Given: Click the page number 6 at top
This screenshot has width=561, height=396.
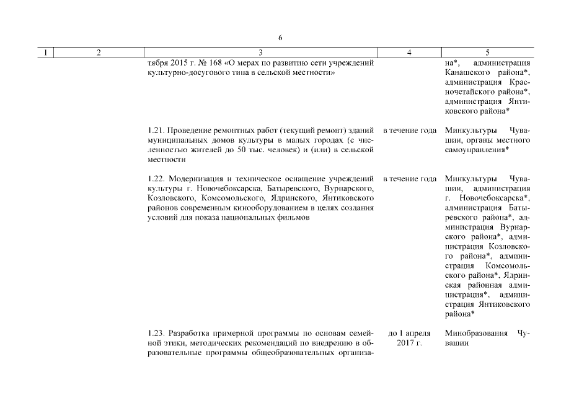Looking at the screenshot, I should (x=280, y=38).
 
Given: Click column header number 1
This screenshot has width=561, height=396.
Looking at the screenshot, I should (x=45, y=54).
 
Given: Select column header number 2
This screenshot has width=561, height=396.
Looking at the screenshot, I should (x=99, y=54).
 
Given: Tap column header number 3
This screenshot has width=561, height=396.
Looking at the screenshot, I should (x=260, y=54).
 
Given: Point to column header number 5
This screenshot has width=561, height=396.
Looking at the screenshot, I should (x=488, y=54).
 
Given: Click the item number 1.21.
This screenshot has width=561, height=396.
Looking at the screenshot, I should (x=156, y=131).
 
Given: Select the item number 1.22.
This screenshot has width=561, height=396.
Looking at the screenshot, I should (x=156, y=179).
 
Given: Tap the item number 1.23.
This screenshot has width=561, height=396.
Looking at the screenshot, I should (x=156, y=334).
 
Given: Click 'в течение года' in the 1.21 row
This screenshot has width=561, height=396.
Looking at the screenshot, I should (x=410, y=131).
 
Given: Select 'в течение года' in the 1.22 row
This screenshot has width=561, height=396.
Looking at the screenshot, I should (x=410, y=179).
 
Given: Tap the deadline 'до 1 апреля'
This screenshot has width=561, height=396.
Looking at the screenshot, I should (x=409, y=334).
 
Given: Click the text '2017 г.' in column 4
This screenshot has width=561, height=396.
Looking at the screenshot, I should (x=409, y=343).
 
